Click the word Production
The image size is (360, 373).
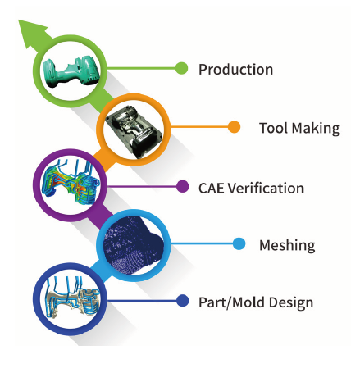(235, 70)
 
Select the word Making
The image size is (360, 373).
(317, 129)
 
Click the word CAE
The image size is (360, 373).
(212, 189)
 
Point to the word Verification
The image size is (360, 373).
(266, 189)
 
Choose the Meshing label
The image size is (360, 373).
(287, 246)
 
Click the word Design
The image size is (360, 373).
(291, 302)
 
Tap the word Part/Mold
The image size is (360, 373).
(232, 302)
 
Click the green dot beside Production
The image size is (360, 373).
(181, 68)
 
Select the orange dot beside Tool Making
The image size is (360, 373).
(234, 127)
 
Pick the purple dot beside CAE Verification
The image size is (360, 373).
(182, 187)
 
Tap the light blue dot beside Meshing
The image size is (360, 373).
(239, 243)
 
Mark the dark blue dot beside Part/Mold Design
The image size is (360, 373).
(182, 301)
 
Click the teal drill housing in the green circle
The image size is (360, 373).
(71, 71)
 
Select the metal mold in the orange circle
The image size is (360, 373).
(134, 132)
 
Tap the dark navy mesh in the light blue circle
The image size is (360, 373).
(133, 245)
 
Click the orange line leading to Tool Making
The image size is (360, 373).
(199, 127)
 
